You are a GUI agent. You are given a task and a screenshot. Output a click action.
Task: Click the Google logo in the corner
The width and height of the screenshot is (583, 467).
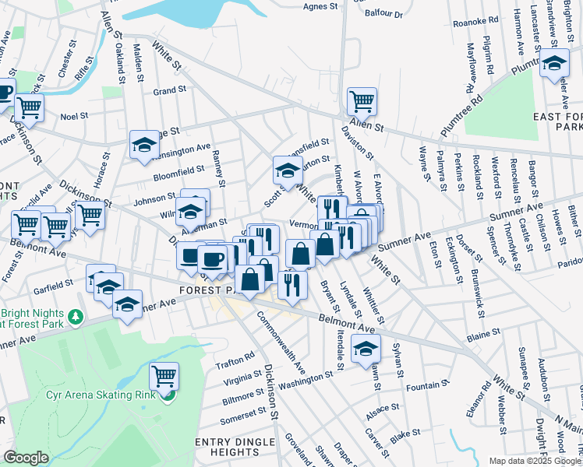(25, 458)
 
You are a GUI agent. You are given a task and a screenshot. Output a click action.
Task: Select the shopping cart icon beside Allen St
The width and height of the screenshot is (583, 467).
(362, 101)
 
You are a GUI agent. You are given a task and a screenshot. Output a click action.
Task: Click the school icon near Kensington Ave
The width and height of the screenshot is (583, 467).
(144, 145)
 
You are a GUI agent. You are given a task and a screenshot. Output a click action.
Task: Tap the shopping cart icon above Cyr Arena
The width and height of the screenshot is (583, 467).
(164, 377)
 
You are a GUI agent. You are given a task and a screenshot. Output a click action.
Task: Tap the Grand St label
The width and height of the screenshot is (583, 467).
(169, 90)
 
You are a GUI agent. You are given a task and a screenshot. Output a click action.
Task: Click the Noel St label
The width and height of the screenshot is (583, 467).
(75, 116)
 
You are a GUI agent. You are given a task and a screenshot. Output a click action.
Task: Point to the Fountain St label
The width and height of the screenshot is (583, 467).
(428, 384)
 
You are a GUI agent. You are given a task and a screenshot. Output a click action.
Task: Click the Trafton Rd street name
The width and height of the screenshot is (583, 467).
(235, 357)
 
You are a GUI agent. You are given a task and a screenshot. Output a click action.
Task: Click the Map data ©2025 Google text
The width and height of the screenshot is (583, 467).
(535, 461)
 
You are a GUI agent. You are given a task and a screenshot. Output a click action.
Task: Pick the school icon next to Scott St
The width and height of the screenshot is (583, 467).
(288, 170)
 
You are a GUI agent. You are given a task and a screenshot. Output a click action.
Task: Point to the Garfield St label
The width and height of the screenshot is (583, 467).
(54, 286)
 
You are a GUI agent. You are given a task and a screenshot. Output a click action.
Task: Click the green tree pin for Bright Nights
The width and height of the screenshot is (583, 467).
(75, 317)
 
